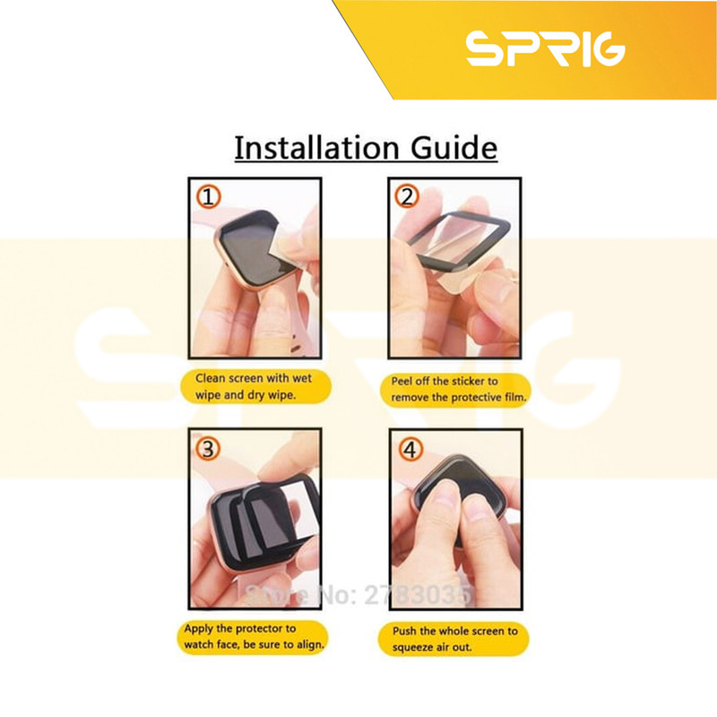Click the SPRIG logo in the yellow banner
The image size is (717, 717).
click(x=545, y=48)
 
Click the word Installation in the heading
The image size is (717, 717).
click(x=316, y=148)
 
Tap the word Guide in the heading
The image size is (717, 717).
click(x=454, y=148)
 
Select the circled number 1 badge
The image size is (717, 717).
click(x=209, y=197)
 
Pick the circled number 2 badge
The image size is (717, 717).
click(x=407, y=196)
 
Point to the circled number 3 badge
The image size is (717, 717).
click(x=208, y=449)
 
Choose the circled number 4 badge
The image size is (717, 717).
click(x=410, y=449)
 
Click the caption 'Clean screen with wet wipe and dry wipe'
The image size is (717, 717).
click(x=254, y=387)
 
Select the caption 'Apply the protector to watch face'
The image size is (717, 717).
click(x=253, y=637)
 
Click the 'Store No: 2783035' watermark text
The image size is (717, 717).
click(x=358, y=595)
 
